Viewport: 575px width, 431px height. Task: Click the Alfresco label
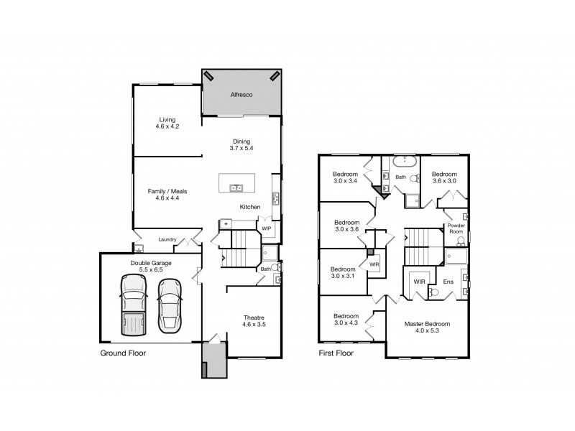pyautogui.click(x=240, y=95)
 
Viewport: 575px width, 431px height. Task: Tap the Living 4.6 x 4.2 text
pyautogui.click(x=167, y=123)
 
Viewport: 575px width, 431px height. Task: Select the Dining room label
pyautogui.click(x=241, y=144)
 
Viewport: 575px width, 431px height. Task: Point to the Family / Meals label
pyautogui.click(x=167, y=195)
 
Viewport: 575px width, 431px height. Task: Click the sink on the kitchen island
pyautogui.click(x=236, y=188)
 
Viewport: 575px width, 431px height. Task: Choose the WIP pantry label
pyautogui.click(x=266, y=228)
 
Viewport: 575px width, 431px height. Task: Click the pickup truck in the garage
pyautogui.click(x=134, y=303)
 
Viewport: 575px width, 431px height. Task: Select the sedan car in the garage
pyautogui.click(x=170, y=303)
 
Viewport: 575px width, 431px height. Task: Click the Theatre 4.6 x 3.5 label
pyautogui.click(x=254, y=321)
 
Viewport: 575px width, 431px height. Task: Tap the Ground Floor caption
pyautogui.click(x=122, y=353)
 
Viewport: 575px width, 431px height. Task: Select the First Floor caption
pyautogui.click(x=339, y=353)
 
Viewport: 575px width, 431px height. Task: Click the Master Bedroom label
pyautogui.click(x=426, y=328)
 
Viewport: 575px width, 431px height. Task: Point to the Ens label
pyautogui.click(x=448, y=282)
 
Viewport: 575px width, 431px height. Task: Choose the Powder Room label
pyautogui.click(x=456, y=228)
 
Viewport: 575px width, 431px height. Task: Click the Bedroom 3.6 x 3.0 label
pyautogui.click(x=443, y=177)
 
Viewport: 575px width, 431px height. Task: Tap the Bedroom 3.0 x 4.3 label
pyautogui.click(x=346, y=320)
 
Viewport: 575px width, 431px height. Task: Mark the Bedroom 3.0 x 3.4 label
pyautogui.click(x=346, y=177)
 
